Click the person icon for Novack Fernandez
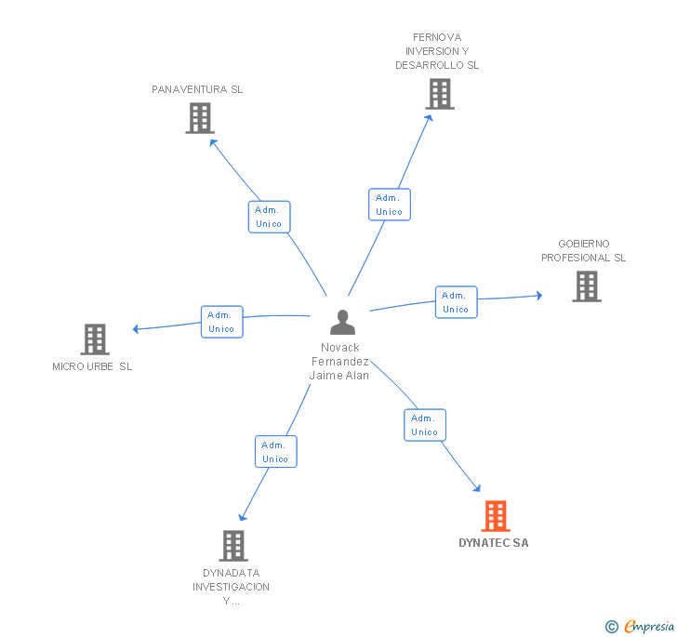pos(343,323)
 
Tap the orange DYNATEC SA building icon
pos(496,516)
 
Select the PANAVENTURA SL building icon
pos(200,118)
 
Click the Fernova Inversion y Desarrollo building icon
pos(440,94)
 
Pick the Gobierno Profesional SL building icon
pos(587,286)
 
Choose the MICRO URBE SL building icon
pos(95,339)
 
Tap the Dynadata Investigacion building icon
pos(233,546)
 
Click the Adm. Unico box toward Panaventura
pos(270,217)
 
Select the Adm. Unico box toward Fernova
pos(389,205)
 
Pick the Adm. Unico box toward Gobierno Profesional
pos(456,302)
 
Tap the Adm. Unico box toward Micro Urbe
pos(222,322)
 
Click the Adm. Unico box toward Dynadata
pos(275,452)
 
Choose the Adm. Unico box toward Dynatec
pos(425,425)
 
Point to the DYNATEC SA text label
pos(494,543)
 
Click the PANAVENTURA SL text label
pos(197,90)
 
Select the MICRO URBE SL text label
pos(92,366)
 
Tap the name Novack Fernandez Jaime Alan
pos(339,362)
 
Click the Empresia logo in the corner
pos(640,627)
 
